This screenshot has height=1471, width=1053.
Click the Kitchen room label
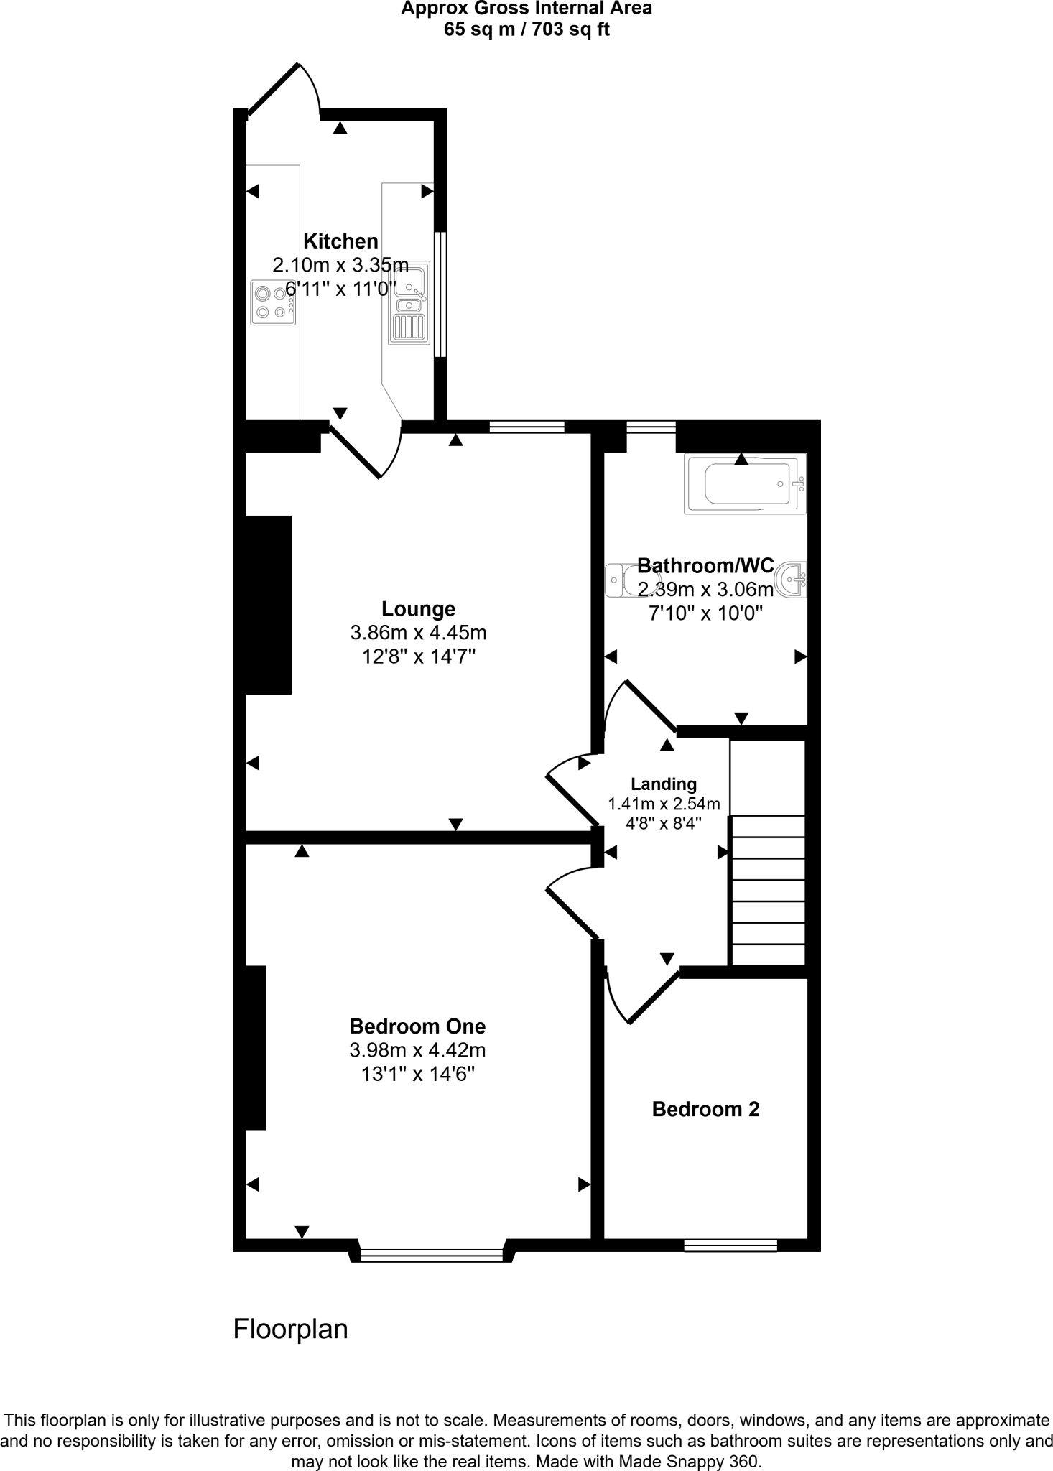pyautogui.click(x=340, y=241)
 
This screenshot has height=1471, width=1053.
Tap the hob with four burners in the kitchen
pyautogui.click(x=273, y=302)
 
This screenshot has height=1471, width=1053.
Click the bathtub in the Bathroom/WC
pyautogui.click(x=746, y=483)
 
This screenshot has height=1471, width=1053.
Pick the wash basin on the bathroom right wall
pyautogui.click(x=792, y=580)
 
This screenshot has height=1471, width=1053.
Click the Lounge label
pyautogui.click(x=418, y=609)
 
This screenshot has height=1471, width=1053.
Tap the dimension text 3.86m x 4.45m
pyautogui.click(x=418, y=633)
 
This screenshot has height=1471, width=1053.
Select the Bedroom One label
pyautogui.click(x=417, y=1026)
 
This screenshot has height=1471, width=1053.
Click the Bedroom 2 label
pyautogui.click(x=705, y=1110)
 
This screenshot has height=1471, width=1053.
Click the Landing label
pyautogui.click(x=664, y=784)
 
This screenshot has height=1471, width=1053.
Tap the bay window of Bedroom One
pyautogui.click(x=432, y=1255)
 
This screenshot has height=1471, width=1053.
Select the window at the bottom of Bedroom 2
pyautogui.click(x=730, y=1245)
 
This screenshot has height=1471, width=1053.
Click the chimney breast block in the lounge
pyautogui.click(x=269, y=605)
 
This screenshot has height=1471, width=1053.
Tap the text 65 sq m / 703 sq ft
pyautogui.click(x=526, y=30)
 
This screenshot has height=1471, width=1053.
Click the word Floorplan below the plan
pyautogui.click(x=290, y=1330)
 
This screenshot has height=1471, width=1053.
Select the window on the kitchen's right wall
pyautogui.click(x=441, y=294)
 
